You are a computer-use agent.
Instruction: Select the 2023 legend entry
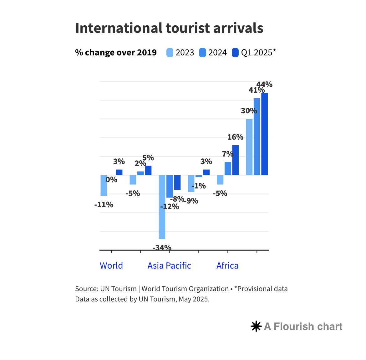[x=180, y=53]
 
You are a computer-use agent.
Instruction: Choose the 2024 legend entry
[x=213, y=53]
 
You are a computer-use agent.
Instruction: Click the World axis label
[x=111, y=265]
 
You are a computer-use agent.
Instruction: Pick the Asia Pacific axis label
[x=169, y=265]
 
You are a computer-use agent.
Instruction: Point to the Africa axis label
[x=227, y=265]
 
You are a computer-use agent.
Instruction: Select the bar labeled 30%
[x=249, y=147]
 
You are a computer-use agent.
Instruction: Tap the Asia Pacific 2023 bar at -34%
[x=162, y=207]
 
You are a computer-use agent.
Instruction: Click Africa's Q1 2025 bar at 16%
[x=236, y=160]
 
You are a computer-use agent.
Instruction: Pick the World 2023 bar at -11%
[x=104, y=185]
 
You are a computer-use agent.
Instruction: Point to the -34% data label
[x=162, y=248]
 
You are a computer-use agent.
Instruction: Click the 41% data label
[x=257, y=90]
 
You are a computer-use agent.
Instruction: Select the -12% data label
[x=170, y=207]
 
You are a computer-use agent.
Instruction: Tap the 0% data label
[x=111, y=180]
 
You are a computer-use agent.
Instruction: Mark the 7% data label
[x=228, y=154]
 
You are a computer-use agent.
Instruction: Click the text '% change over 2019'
[x=116, y=53]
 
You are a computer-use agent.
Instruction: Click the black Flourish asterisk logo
[x=256, y=327]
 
